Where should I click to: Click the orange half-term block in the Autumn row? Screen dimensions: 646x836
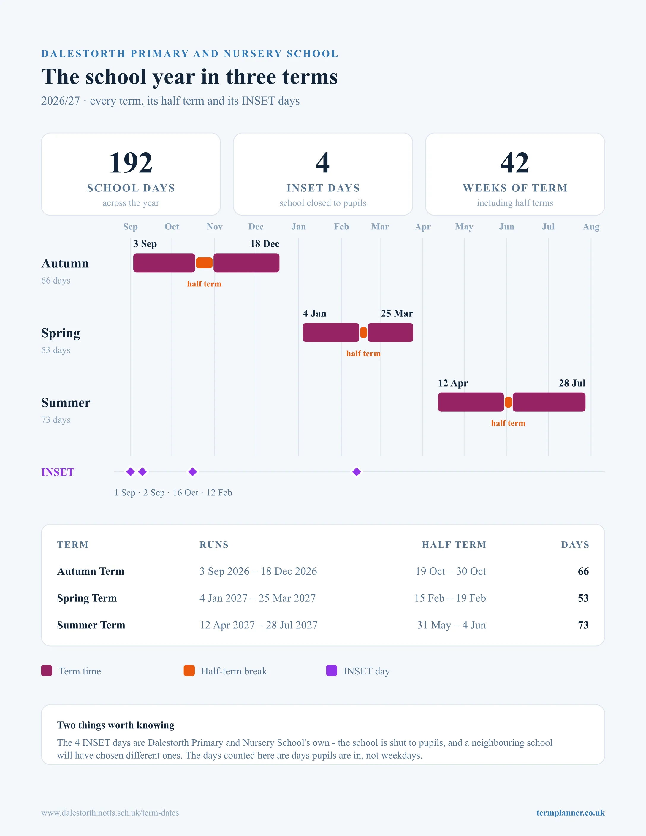[204, 263]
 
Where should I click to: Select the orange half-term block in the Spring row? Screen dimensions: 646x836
[364, 332]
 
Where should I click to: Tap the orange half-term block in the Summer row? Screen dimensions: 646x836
[508, 402]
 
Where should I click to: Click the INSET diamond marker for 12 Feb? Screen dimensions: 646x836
[357, 472]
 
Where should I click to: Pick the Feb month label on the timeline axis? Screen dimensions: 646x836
[341, 227]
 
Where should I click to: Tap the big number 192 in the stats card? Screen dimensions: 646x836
[131, 163]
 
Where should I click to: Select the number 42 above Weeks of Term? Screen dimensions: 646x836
[515, 163]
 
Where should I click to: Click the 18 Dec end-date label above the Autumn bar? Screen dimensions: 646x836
[265, 244]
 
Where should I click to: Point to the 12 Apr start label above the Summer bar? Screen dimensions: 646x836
[453, 383]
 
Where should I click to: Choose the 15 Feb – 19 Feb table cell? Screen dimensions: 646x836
[450, 598]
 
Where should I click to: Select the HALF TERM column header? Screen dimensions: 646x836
[454, 545]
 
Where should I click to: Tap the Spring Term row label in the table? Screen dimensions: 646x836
[87, 598]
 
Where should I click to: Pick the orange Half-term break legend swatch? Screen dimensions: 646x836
[189, 671]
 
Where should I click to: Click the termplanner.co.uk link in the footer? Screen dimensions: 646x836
[570, 813]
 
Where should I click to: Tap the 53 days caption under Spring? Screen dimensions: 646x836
[56, 350]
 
